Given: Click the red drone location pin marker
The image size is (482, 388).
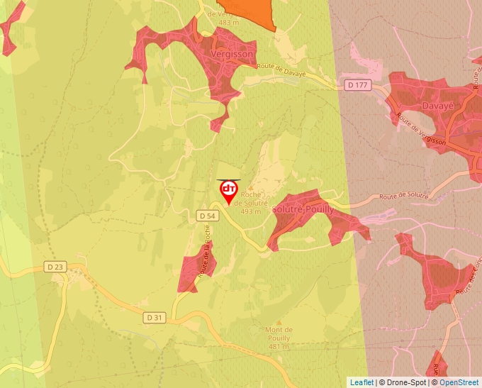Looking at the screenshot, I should [228, 190].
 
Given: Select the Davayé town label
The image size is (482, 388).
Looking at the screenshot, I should [437, 106].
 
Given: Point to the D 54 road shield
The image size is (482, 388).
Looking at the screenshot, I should [206, 215].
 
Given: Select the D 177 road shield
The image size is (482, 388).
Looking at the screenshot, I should [358, 85].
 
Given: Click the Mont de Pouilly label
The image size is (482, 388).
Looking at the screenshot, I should [279, 334].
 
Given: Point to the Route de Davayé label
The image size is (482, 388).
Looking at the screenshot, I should [281, 70].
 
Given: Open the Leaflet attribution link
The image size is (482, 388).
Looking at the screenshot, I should [361, 382].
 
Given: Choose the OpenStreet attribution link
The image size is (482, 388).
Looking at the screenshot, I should [460, 382].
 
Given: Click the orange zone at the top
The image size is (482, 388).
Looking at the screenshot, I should [254, 11].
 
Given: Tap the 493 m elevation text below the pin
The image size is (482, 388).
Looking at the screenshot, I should [251, 211].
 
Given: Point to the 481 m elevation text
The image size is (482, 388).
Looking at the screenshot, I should [279, 347].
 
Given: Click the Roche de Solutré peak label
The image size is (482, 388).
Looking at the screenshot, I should [255, 199].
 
